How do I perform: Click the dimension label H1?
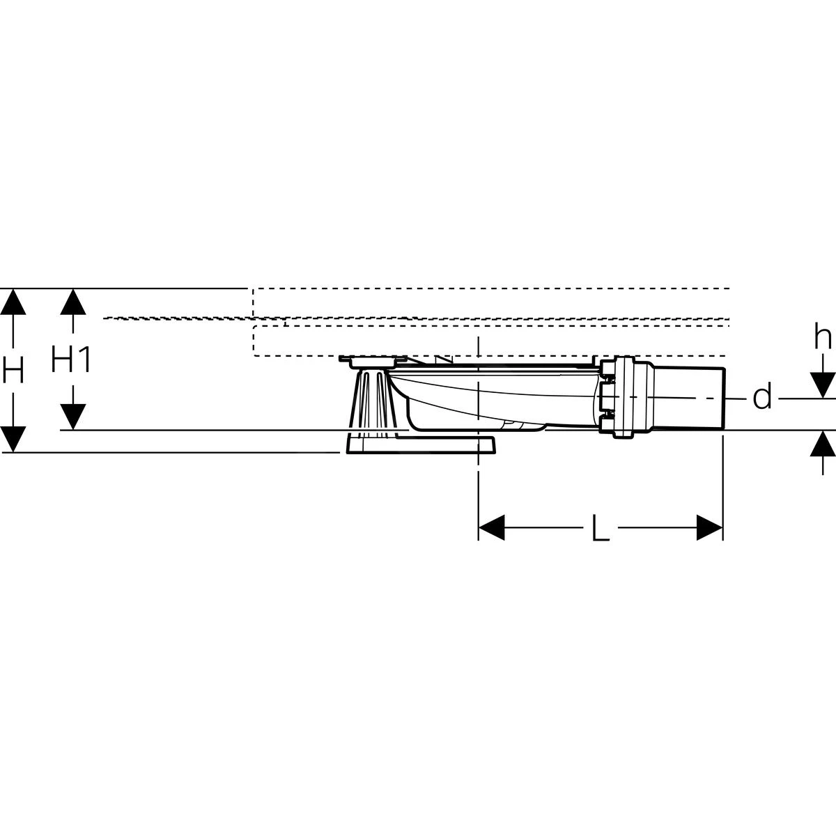pyautogui.click(x=72, y=360)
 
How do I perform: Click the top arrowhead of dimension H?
pyautogui.click(x=14, y=302)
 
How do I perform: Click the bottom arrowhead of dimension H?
pyautogui.click(x=14, y=439)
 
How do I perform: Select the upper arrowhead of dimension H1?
pyautogui.click(x=72, y=302)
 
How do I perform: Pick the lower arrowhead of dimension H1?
pyautogui.click(x=72, y=417)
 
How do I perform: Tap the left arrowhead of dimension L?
pyautogui.click(x=491, y=528)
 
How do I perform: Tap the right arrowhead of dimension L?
pyautogui.click(x=710, y=528)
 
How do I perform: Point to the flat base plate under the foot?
pyautogui.click(x=418, y=445)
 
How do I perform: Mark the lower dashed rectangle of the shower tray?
pyautogui.click(x=488, y=341)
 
